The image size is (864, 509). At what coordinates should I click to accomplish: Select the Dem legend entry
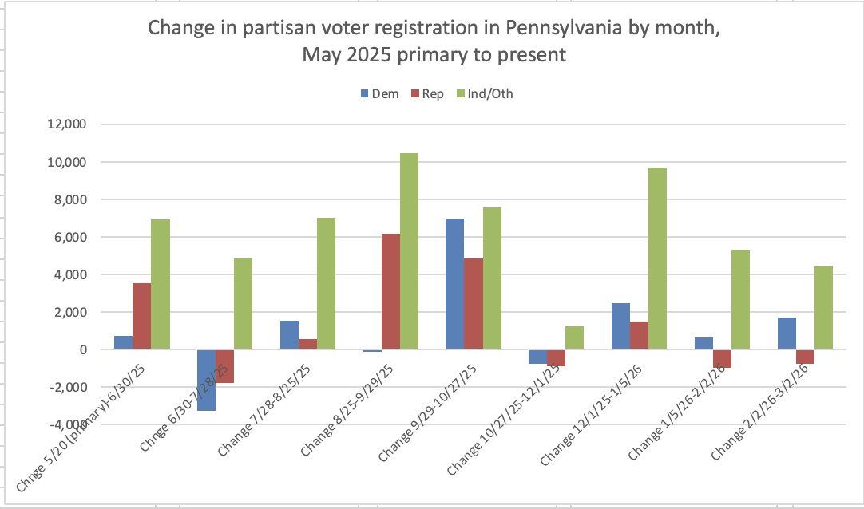pyautogui.click(x=380, y=93)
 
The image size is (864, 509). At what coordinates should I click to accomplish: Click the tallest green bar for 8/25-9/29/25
pyautogui.click(x=409, y=251)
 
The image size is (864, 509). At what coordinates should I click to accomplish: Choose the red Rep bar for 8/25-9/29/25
pyautogui.click(x=390, y=291)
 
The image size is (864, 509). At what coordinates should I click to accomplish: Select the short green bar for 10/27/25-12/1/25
pyautogui.click(x=574, y=337)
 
